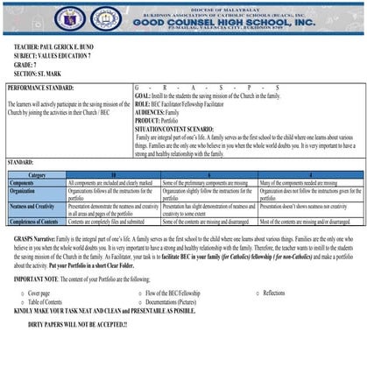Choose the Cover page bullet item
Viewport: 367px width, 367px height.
coord(39,293)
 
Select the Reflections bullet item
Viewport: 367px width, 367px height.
coord(279,293)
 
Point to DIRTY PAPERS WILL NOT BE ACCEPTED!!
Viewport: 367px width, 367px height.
coord(77,325)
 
